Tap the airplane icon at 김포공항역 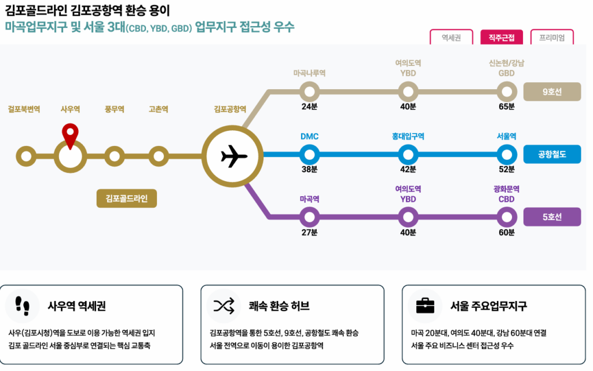(234, 155)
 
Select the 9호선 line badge (551, 91)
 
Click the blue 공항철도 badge (551, 155)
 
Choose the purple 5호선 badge (551, 217)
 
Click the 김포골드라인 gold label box (127, 198)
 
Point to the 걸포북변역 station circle (25, 156)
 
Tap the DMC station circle (310, 155)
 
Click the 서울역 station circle (507, 155)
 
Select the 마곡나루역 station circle (310, 91)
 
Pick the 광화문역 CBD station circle (507, 217)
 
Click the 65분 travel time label (507, 106)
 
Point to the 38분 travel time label (310, 170)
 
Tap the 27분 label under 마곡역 (310, 233)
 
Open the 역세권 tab (451, 38)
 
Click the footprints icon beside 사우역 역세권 (22, 305)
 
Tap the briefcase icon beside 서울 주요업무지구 (425, 305)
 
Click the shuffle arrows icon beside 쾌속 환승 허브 (223, 306)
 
